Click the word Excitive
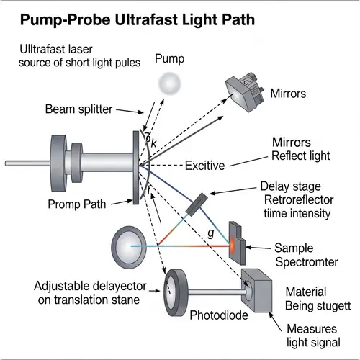coord(215,166)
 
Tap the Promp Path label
coord(78,203)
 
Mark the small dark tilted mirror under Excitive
coord(196,204)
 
